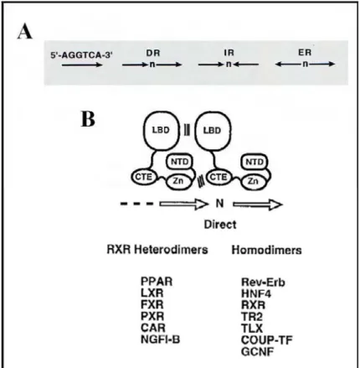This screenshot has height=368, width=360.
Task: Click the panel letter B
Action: (88, 119)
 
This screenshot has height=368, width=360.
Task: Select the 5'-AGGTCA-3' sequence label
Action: (81, 55)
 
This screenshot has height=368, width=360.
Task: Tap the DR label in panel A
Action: (153, 53)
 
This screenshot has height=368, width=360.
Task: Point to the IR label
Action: (229, 53)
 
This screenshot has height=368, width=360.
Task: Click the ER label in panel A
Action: (305, 53)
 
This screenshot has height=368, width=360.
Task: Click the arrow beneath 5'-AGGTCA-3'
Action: (82, 65)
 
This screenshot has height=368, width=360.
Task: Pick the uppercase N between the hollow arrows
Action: (220, 204)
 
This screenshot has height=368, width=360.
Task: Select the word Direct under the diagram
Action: (220, 225)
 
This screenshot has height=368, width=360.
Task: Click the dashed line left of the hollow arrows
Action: (136, 204)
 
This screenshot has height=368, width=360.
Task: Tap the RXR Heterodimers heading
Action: (157, 250)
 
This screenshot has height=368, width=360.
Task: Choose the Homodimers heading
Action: (266, 250)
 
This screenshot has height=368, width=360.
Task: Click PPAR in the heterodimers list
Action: (157, 282)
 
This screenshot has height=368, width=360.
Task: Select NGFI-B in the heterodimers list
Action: (161, 339)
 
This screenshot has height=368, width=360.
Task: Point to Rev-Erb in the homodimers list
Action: (263, 282)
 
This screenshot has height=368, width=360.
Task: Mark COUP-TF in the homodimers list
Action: (267, 340)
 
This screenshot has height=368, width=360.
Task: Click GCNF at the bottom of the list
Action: (257, 351)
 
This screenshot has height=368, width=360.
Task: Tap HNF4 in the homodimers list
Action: (256, 293)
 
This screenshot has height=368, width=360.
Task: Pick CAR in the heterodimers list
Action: (153, 328)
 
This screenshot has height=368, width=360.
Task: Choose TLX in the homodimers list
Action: (252, 329)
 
